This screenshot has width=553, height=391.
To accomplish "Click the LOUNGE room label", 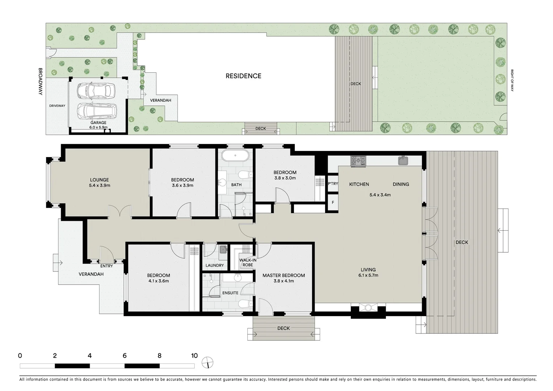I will click(x=99, y=180).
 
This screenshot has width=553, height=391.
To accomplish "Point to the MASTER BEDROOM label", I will click(x=284, y=276).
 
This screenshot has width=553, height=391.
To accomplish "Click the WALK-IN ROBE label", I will click(x=248, y=262).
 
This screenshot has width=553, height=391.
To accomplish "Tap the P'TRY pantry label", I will click(x=333, y=184).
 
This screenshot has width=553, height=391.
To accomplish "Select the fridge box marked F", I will click(x=333, y=202).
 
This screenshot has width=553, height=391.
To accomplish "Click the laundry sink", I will click(x=223, y=249).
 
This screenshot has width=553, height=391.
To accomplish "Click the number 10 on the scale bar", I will click(x=194, y=356).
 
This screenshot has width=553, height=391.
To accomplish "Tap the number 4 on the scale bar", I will click(x=90, y=356).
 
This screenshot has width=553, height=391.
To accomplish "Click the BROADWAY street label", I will click(x=41, y=82).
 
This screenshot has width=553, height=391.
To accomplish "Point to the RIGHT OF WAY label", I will click(x=512, y=80).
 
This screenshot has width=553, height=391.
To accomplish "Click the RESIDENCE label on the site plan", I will click(x=243, y=76).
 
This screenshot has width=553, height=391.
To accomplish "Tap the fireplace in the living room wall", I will click(x=368, y=308).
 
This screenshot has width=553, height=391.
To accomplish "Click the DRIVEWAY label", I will click(x=57, y=106).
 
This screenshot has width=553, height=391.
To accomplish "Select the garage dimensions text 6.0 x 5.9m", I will click(x=98, y=127).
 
